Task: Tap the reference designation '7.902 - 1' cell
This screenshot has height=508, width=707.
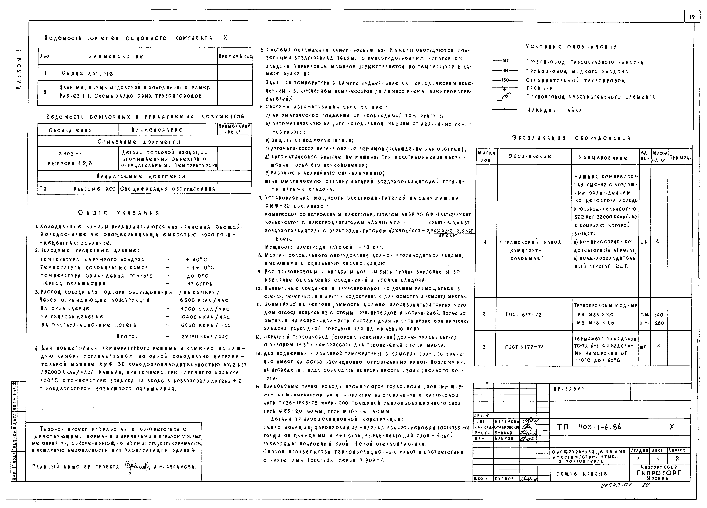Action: [70, 154]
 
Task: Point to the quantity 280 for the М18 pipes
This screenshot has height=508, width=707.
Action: [659, 323]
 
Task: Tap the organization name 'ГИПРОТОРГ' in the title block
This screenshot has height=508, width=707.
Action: [659, 473]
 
